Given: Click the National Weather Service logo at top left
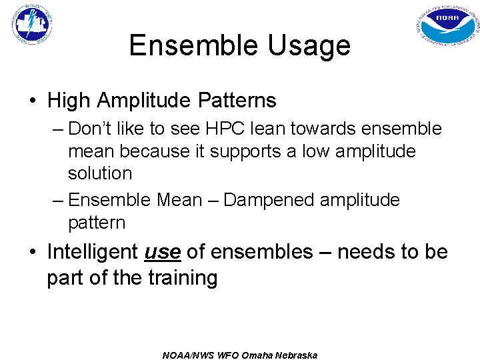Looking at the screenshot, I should (31, 25).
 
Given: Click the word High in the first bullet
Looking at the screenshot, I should (69, 101).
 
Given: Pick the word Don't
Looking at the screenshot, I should (93, 128).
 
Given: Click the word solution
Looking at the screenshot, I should (100, 173).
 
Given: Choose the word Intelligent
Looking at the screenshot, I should (93, 252).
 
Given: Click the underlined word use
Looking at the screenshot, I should (163, 252).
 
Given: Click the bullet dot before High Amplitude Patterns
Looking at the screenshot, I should (33, 101).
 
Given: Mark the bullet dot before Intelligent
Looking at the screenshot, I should (33, 253).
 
